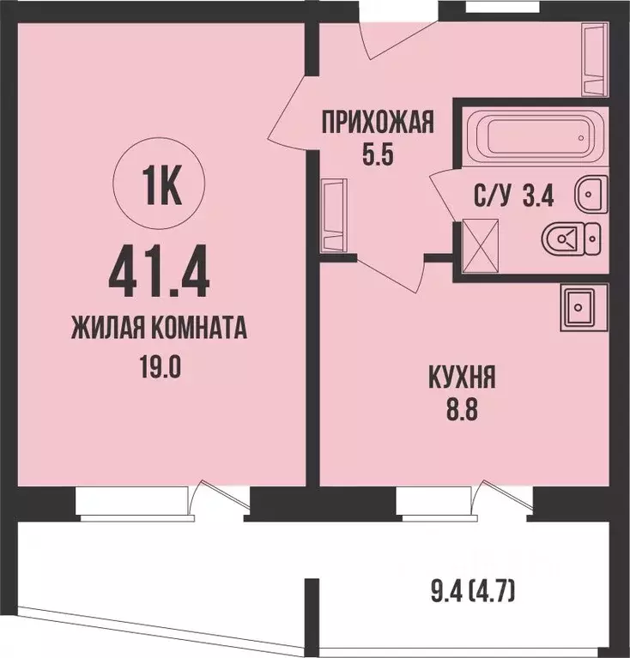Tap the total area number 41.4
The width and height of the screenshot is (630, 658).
(160, 272)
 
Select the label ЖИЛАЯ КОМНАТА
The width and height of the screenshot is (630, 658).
(160, 328)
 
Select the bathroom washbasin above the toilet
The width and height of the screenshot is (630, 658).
(590, 193)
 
